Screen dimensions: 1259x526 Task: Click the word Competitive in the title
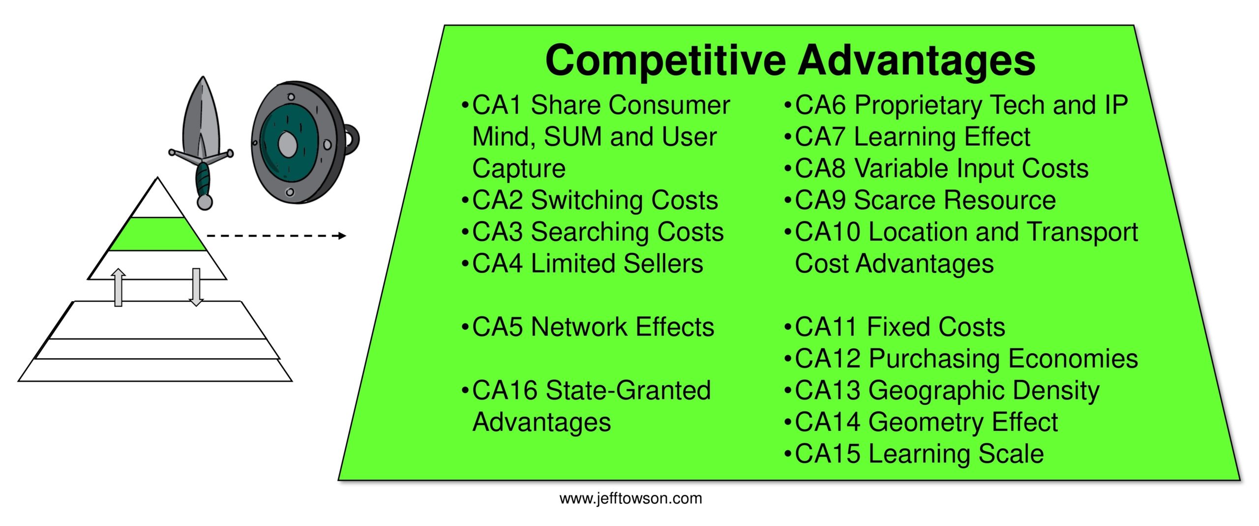pyautogui.click(x=665, y=61)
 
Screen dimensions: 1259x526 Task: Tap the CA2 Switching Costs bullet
pyautogui.click(x=590, y=200)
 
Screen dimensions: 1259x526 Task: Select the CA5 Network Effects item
pyautogui.click(x=588, y=327)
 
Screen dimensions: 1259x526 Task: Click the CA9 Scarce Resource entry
pyautogui.click(x=920, y=200)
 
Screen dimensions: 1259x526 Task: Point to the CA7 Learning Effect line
pyautogui.click(x=907, y=137)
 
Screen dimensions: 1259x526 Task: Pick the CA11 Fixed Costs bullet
pyautogui.click(x=895, y=327)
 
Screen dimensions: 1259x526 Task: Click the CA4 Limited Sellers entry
pyautogui.click(x=582, y=264)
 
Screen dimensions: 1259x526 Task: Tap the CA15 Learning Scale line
pyautogui.click(x=914, y=454)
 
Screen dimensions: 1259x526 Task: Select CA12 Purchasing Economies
pyautogui.click(x=961, y=359)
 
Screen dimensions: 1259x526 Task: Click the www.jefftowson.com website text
pyautogui.click(x=630, y=498)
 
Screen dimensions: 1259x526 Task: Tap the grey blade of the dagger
pyautogui.click(x=201, y=116)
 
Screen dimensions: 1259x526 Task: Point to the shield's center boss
pyautogui.click(x=287, y=143)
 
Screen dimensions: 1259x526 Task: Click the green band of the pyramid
pyautogui.click(x=157, y=234)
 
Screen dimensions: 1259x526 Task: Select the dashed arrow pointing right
pyautogui.click(x=276, y=236)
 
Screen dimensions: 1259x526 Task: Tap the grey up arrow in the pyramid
pyautogui.click(x=118, y=287)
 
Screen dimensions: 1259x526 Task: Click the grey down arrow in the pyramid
pyautogui.click(x=196, y=287)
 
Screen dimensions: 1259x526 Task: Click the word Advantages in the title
pyautogui.click(x=917, y=61)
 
